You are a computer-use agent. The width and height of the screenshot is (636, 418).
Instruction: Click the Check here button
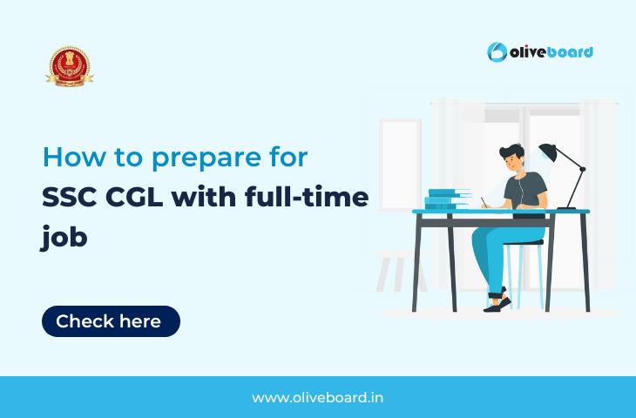pos(111,321)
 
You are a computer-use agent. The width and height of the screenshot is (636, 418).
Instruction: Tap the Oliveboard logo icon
pos(497,52)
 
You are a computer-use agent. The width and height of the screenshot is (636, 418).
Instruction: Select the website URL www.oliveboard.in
pos(317,397)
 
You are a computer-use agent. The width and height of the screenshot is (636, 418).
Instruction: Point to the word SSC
pos(69,198)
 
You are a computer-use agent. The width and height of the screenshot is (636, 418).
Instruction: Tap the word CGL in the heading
pos(139,198)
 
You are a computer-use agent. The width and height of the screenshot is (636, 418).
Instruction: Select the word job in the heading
pos(64,238)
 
